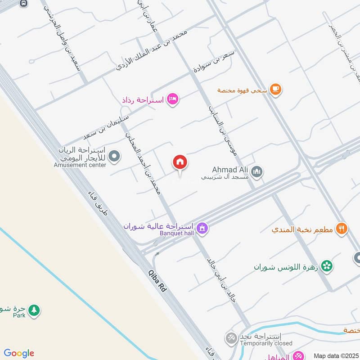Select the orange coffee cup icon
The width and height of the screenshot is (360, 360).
(275, 90)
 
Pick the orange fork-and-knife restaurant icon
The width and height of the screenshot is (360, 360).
(342, 229)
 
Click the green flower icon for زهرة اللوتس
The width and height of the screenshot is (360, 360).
(327, 266)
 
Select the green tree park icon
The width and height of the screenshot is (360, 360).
(34, 310)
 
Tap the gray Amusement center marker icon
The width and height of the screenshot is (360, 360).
(115, 157)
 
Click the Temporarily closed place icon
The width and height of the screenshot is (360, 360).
(231, 337)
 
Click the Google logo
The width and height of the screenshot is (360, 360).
(19, 353)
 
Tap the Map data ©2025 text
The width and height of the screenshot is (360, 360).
(335, 355)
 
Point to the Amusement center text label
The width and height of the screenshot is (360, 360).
(80, 165)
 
